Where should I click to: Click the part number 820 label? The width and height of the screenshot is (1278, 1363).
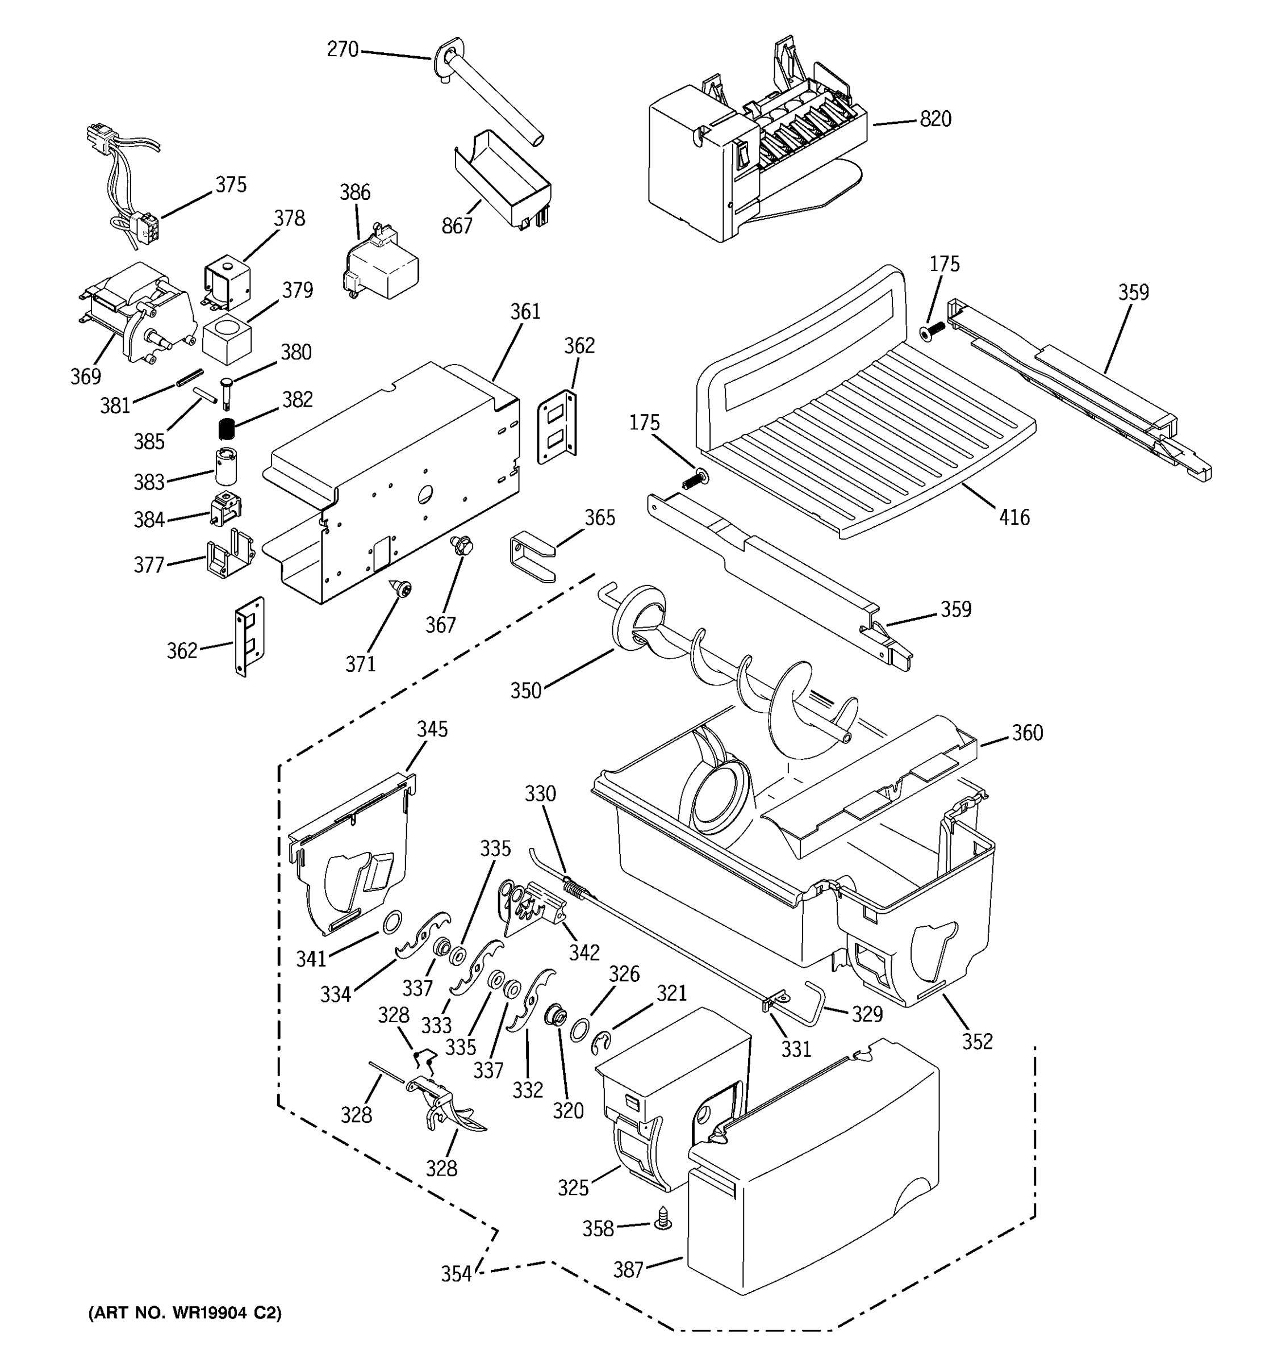tap(935, 119)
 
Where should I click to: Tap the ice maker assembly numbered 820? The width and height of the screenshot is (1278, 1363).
tap(754, 151)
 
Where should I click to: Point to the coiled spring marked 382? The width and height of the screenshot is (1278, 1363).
tap(226, 430)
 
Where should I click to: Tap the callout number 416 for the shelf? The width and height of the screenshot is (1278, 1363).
tap(1014, 517)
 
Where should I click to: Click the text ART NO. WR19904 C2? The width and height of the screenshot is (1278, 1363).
tap(185, 1312)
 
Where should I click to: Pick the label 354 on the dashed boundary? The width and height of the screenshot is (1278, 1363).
tap(456, 1274)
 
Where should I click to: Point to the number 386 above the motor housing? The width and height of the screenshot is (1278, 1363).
tap(355, 192)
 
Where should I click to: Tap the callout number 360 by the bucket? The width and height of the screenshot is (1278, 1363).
tap(1027, 733)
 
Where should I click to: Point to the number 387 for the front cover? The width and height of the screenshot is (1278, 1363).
tap(628, 1270)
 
